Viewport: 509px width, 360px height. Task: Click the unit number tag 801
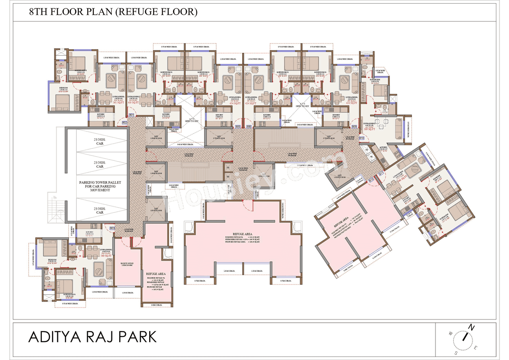tap(131, 115)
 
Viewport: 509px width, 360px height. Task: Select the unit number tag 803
tap(112, 228)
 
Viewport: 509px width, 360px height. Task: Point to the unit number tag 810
tap(361, 138)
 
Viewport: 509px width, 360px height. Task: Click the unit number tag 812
tap(371, 180)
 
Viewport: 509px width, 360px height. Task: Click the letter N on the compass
tap(472, 327)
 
